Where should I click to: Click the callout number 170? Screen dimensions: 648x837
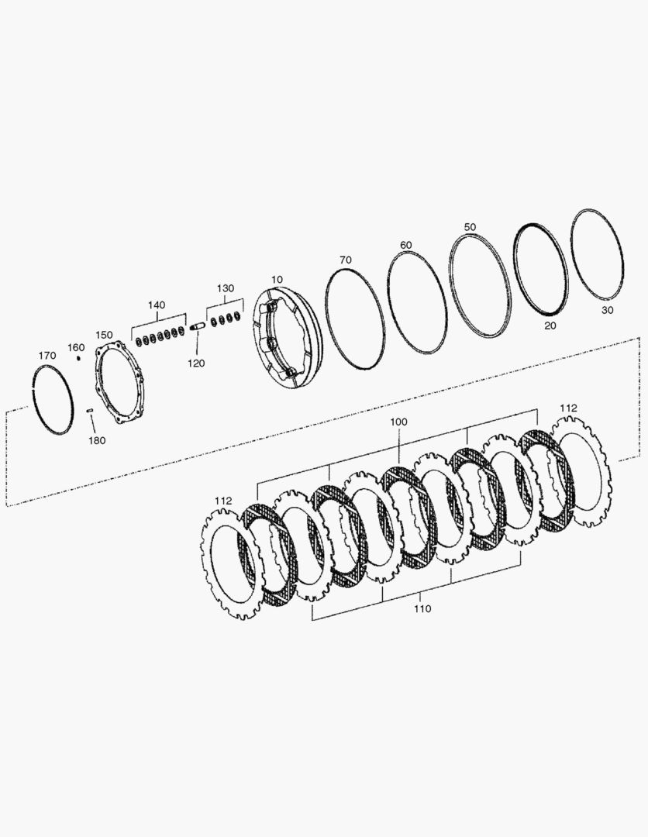pyautogui.click(x=47, y=356)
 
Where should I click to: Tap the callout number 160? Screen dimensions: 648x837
pyautogui.click(x=76, y=348)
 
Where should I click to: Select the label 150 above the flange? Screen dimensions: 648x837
pyautogui.click(x=104, y=335)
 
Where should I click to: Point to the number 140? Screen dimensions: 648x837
pyautogui.click(x=157, y=305)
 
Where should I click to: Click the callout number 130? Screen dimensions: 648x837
pyautogui.click(x=226, y=288)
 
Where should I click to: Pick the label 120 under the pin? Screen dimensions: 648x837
pyautogui.click(x=196, y=363)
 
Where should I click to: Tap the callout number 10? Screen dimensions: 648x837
pyautogui.click(x=277, y=279)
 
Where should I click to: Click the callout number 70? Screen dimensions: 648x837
pyautogui.click(x=346, y=260)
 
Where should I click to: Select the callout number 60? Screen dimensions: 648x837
pyautogui.click(x=406, y=245)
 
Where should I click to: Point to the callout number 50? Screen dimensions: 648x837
pyautogui.click(x=470, y=227)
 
